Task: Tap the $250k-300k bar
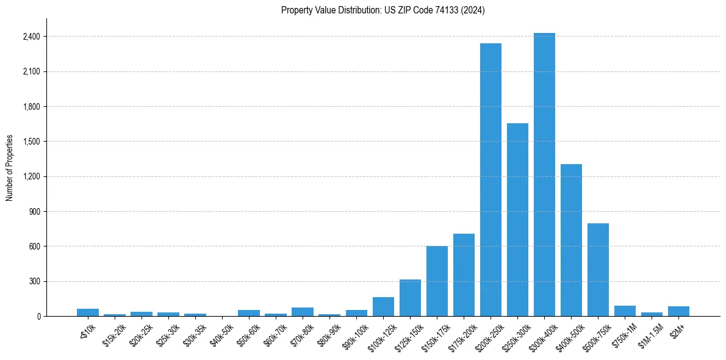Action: tap(517, 220)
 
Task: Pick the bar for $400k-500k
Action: tap(571, 240)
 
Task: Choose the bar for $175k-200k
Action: tap(464, 275)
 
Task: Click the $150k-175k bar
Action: tap(437, 281)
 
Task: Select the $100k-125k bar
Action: tap(383, 307)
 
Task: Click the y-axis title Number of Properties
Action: tap(10, 168)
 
